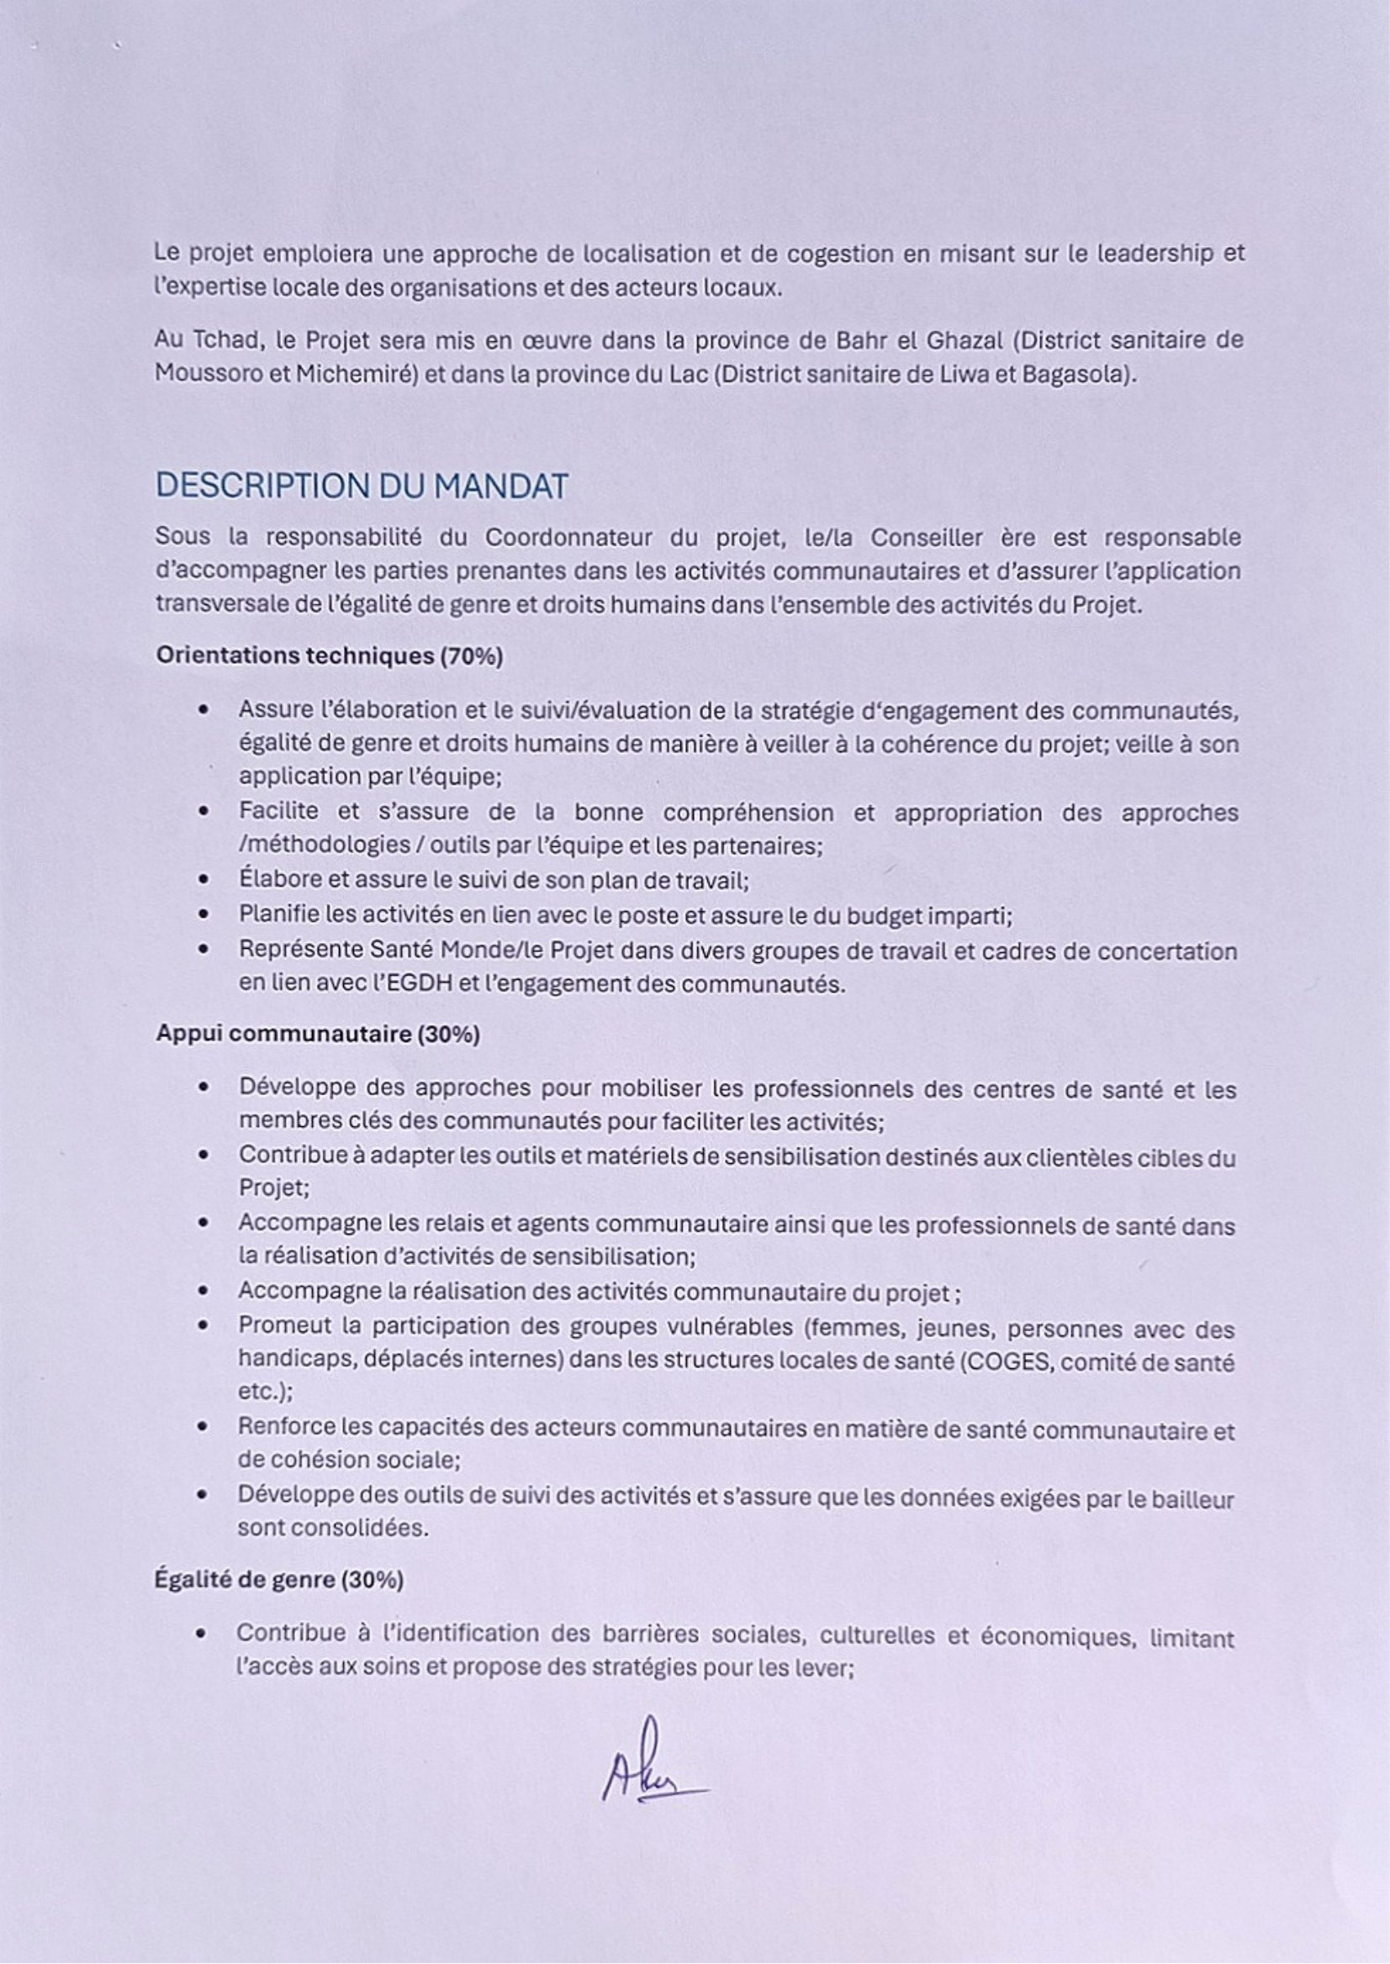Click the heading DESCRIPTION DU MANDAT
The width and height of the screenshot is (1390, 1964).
[362, 487]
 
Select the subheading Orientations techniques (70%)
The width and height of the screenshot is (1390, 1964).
[329, 657]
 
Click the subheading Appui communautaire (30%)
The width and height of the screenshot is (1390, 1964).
[318, 1035]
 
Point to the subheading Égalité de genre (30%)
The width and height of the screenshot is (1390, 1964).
[279, 1580]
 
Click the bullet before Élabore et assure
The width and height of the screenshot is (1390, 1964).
[203, 880]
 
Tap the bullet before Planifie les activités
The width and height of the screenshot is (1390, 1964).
[203, 915]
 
